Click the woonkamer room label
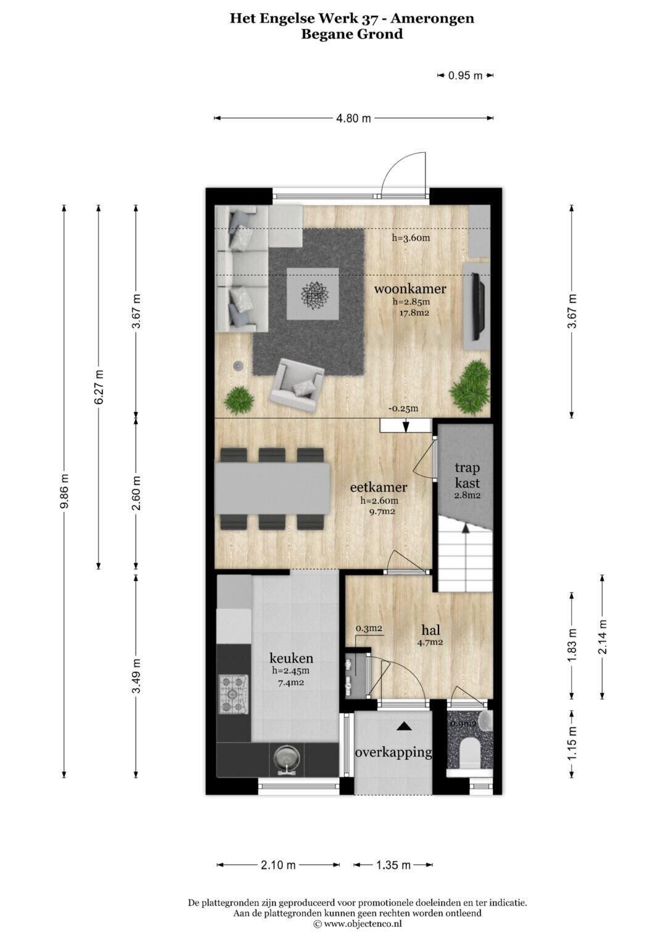[410, 288]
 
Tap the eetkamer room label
[379, 487]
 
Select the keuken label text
[291, 658]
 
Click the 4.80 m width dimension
[353, 118]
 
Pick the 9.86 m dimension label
[64, 491]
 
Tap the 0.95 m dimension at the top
[465, 76]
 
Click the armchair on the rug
[297, 385]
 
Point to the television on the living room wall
[478, 306]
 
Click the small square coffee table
[313, 294]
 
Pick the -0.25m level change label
[403, 409]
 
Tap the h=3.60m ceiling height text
[411, 238]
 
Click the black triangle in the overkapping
[404, 725]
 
